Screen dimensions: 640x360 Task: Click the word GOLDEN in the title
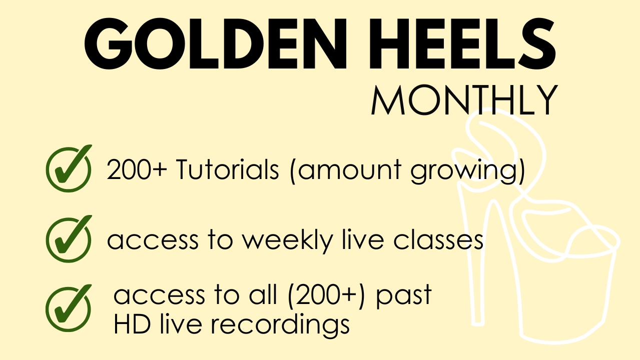tap(216, 43)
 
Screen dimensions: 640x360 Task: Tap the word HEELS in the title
tap(462, 43)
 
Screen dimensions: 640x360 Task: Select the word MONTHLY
tap(464, 100)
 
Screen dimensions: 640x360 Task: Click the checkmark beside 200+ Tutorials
tap(69, 168)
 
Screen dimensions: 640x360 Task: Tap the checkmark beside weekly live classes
tap(69, 239)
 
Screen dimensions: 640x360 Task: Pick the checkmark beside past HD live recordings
tap(69, 308)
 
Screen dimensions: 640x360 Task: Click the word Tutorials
tap(227, 169)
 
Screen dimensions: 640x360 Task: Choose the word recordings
tap(280, 325)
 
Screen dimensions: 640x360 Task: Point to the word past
tap(403, 296)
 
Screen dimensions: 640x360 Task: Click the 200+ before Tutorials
tap(137, 169)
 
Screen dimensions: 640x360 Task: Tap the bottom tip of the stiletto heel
tap(478, 324)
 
